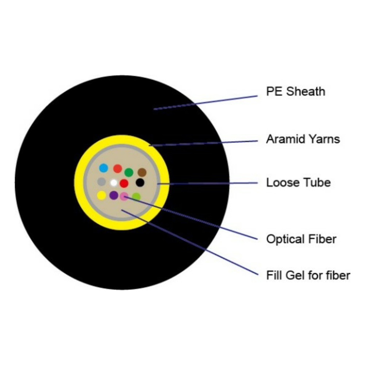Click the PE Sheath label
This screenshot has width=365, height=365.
295,91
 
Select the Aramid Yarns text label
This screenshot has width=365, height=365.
303,139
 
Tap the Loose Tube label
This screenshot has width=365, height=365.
298,182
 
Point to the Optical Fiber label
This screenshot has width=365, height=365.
301,239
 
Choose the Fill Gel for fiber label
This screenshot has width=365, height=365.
308,275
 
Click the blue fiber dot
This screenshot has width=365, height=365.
104,168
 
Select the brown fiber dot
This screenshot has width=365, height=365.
142,172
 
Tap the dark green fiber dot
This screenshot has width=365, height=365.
128,172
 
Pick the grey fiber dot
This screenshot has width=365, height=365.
101,181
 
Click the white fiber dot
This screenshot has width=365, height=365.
114,182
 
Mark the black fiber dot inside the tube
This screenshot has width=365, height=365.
140,182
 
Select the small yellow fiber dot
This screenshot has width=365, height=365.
101,195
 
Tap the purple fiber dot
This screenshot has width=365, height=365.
114,195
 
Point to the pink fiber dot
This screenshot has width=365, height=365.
124,196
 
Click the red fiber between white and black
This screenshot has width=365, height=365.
124,183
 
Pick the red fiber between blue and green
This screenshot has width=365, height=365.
117,169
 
